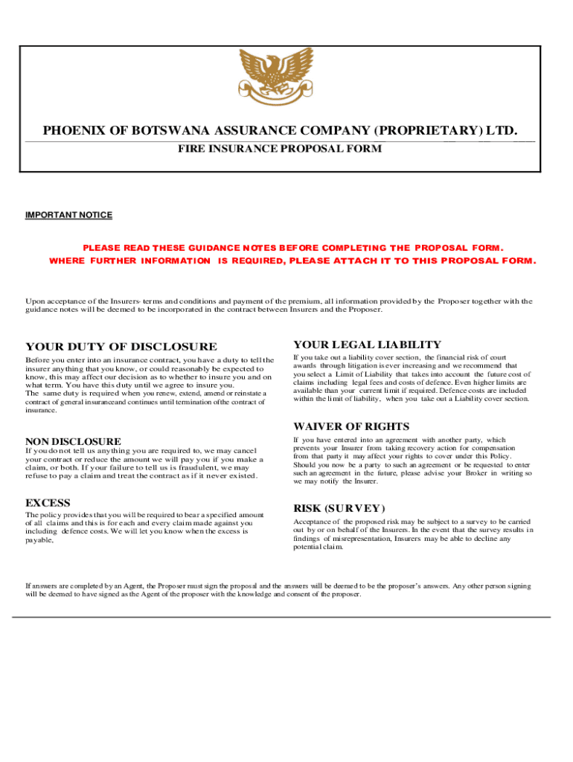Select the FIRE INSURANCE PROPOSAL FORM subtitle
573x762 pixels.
279,149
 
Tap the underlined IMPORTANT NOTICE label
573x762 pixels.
68,215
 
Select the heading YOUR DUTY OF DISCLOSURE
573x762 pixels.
121,346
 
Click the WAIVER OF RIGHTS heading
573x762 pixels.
351,426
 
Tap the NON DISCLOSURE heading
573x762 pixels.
73,441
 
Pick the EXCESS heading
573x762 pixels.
48,502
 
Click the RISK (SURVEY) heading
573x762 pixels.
339,508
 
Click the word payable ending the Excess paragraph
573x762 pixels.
39,541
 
